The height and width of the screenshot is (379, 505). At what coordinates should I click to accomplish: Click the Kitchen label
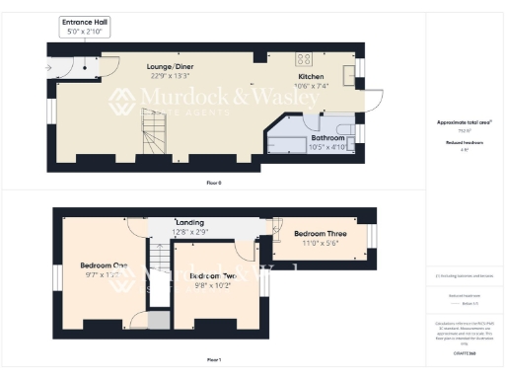pos(312,76)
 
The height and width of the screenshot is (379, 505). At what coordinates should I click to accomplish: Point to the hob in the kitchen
pos(305,57)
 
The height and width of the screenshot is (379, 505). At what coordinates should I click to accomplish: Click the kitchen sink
pos(349,76)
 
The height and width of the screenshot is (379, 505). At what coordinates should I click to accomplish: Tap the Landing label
pos(189,223)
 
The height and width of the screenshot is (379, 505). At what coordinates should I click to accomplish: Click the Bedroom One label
pos(104,265)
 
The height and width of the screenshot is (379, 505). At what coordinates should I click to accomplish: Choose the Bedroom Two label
pos(213,275)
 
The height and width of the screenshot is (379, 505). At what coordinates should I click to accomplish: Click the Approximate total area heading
pos(464,121)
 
